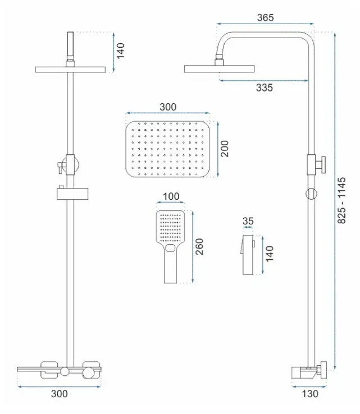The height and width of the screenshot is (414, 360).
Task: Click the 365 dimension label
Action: click(266, 18)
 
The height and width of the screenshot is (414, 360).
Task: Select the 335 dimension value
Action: click(265, 88)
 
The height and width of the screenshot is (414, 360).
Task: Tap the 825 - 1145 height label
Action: click(341, 201)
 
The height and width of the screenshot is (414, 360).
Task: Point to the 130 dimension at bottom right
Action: click(310, 394)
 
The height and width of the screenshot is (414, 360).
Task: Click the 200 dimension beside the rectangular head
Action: click(225, 149)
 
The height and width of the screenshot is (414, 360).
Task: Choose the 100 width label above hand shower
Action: click(171, 196)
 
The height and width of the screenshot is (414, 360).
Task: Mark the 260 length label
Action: click(199, 247)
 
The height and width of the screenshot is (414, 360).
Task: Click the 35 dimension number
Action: click(248, 220)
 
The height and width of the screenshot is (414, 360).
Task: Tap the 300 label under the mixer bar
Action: click(59, 394)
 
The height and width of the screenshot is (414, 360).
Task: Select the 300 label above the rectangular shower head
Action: click(168, 107)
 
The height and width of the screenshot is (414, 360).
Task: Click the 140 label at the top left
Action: click(120, 51)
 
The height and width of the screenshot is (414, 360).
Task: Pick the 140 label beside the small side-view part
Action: click(270, 254)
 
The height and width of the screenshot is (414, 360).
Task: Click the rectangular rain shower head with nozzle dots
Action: click(168, 149)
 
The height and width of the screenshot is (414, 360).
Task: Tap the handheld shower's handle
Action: click(171, 266)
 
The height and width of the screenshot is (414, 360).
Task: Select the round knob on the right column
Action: click(311, 194)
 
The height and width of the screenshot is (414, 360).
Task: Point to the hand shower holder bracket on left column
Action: click(72, 193)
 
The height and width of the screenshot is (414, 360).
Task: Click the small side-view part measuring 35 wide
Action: click(248, 255)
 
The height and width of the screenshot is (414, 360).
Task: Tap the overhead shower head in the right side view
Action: click(219, 68)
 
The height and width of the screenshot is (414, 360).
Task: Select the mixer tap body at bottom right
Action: click(309, 371)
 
